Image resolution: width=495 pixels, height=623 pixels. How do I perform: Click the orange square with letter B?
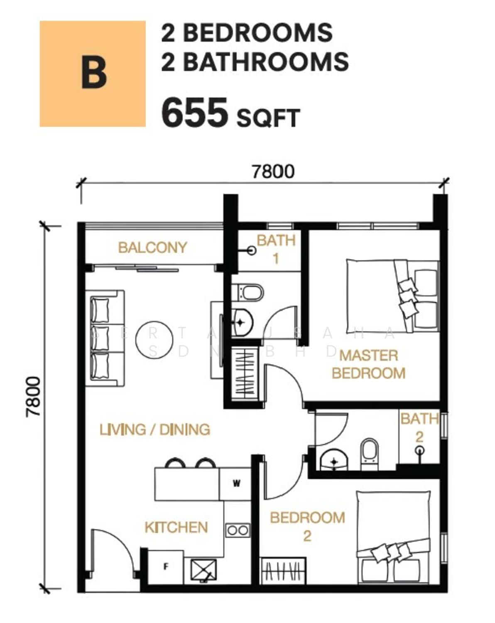(92, 74)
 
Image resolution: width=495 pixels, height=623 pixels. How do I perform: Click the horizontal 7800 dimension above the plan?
(273, 172)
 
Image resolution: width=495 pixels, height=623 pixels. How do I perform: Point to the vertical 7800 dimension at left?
(33, 396)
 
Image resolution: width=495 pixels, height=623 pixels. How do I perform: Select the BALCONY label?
(152, 248)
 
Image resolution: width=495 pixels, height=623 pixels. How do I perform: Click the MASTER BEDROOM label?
(368, 365)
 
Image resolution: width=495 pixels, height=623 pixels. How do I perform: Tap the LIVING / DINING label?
(155, 429)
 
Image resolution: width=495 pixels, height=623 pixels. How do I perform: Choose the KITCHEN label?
(176, 527)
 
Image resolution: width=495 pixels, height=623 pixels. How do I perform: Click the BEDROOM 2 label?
(307, 527)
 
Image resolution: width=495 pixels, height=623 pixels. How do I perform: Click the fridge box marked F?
(166, 567)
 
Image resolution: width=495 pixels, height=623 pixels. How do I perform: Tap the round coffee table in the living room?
(154, 340)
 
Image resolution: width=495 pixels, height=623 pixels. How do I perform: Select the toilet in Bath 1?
(251, 293)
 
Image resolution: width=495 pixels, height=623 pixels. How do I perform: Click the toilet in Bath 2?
(369, 454)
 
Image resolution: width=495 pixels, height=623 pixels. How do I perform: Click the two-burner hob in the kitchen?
(238, 530)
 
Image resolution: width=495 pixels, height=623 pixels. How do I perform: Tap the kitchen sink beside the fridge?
(203, 570)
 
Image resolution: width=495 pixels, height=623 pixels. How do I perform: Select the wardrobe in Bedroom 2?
(283, 570)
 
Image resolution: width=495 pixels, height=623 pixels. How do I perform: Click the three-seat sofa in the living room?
(105, 338)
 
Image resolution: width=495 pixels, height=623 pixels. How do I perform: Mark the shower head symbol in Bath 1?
(252, 250)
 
